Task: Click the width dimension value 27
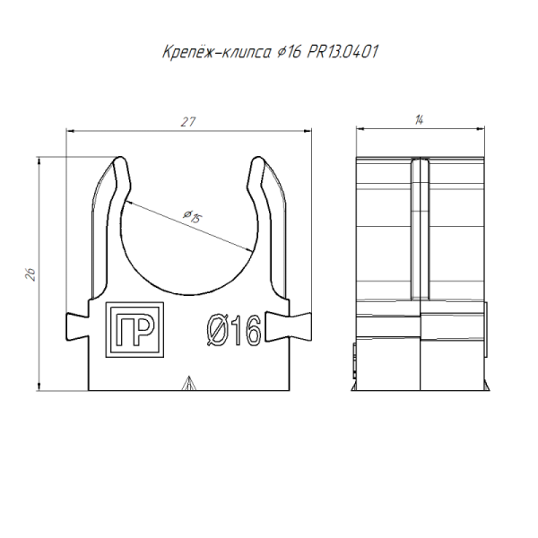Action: point(187,122)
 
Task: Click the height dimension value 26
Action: point(31,274)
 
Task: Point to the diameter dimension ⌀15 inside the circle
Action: point(190,217)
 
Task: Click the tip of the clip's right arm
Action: point(258,163)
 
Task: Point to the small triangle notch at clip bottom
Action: point(187,385)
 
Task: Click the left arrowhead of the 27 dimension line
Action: point(73,132)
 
